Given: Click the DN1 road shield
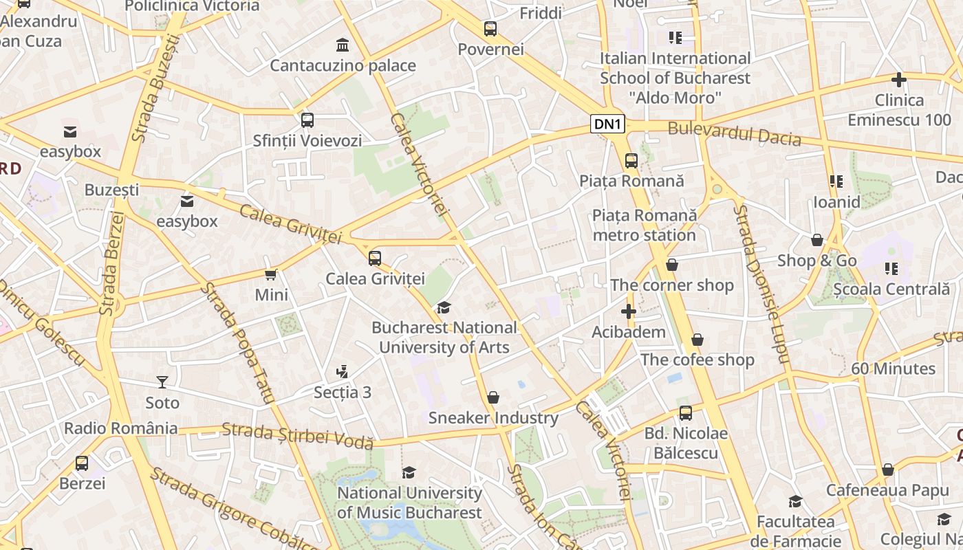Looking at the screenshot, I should pos(608,124).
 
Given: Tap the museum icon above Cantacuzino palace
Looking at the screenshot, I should pos(343,45).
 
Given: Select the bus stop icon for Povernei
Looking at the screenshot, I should pos(490,29).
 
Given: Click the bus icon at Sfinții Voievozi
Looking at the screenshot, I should pos(307,120).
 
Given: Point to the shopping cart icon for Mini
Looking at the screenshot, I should pos(271,274).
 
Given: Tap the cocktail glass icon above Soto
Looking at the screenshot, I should pos(162,382).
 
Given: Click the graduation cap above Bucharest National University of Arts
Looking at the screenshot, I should pos(444,307).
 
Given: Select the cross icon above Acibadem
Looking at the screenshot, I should pos(629,312).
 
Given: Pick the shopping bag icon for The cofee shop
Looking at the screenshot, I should pos(697,340).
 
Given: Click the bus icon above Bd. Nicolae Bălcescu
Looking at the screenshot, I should pos(686,413).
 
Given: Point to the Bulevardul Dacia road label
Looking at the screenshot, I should pos(734,133).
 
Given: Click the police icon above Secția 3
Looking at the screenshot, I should pos(342,372).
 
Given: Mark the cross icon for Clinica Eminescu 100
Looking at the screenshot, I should pos(898,80).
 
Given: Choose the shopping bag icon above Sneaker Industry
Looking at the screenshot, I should pos(493,397).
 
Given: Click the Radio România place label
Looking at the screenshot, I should pos(120,428).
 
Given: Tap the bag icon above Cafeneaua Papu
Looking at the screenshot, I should pos(887,470).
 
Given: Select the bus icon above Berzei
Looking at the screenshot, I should pos(82,463).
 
